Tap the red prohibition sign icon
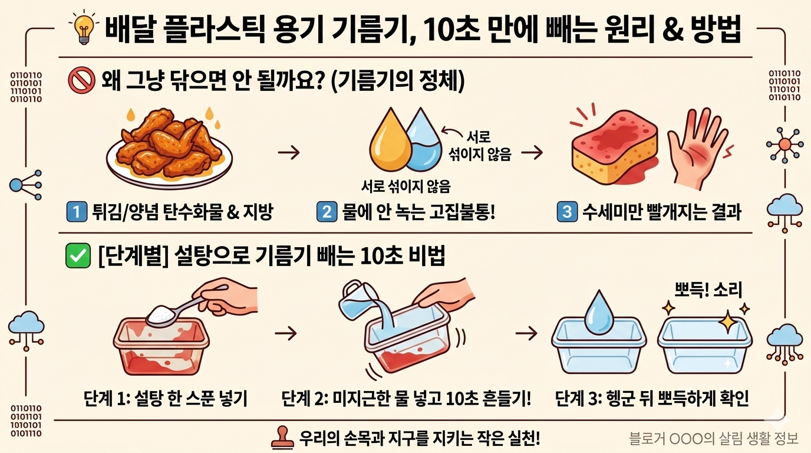pyautogui.click(x=81, y=80)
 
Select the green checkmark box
pyautogui.click(x=78, y=256)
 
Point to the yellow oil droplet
pyautogui.click(x=390, y=140)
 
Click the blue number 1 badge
pyautogui.click(x=77, y=212)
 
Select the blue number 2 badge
pyautogui.click(x=327, y=212)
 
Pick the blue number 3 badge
pyautogui.click(x=567, y=212)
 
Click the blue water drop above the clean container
pyautogui.click(x=599, y=311)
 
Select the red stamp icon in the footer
pyautogui.click(x=282, y=437)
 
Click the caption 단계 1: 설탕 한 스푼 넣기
pyautogui.click(x=166, y=399)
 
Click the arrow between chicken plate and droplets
pyautogui.click(x=289, y=153)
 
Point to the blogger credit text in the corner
pyautogui.click(x=714, y=438)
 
